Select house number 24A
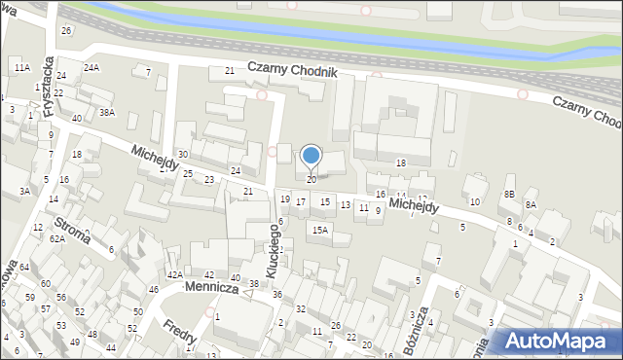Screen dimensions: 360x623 pyautogui.click(x=92, y=67)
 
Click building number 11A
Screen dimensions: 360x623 pyautogui.click(x=21, y=66)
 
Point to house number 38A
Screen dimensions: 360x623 pyautogui.click(x=107, y=112)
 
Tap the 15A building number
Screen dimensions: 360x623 pyautogui.click(x=319, y=231)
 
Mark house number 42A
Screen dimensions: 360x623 pyautogui.click(x=174, y=275)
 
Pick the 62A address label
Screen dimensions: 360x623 pyautogui.click(x=57, y=238)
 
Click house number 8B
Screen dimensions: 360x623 pyautogui.click(x=508, y=195)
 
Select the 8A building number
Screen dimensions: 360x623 pyautogui.click(x=531, y=204)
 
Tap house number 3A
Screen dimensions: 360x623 pyautogui.click(x=24, y=192)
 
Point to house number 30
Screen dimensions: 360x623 pyautogui.click(x=182, y=155)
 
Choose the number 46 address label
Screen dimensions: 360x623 pyautogui.click(x=153, y=290)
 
